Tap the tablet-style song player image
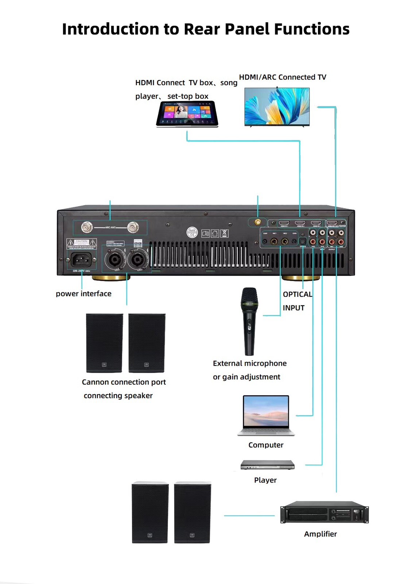pyautogui.click(x=187, y=114)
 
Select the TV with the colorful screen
pyautogui.click(x=277, y=107)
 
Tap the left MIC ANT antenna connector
pyautogui.click(x=87, y=227)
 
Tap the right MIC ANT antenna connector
pyautogui.click(x=133, y=227)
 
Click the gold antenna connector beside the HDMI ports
pyautogui.click(x=257, y=222)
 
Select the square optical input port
pyautogui.click(x=302, y=241)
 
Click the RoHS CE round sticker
pyautogui.click(x=192, y=232)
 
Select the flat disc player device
pyautogui.click(x=267, y=465)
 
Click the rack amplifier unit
pyautogui.click(x=324, y=512)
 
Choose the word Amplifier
pyautogui.click(x=320, y=534)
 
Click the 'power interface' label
pyautogui.click(x=83, y=294)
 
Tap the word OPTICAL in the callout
pyautogui.click(x=298, y=295)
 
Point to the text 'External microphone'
pyautogui.click(x=250, y=364)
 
